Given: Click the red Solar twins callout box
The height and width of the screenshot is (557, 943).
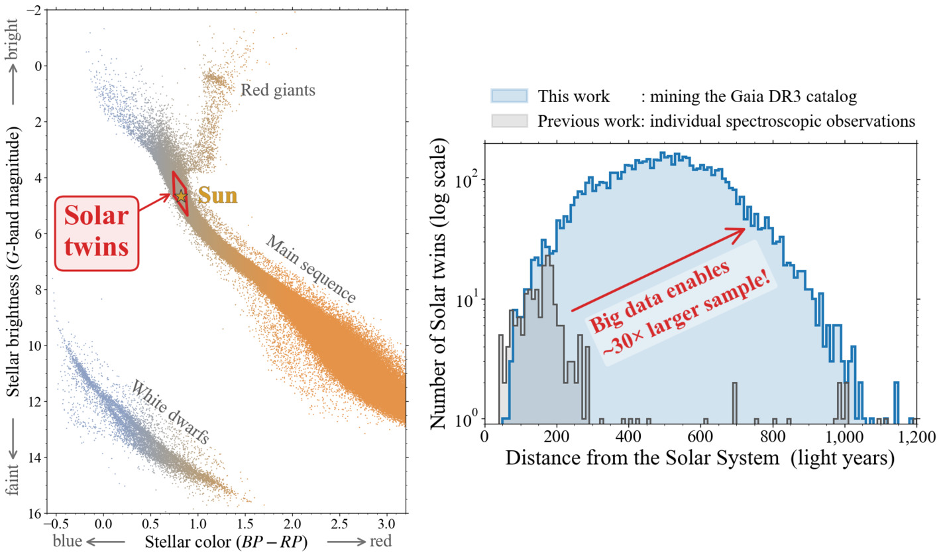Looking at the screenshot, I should [x=97, y=233].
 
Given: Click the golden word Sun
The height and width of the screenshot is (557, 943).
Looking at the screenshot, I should [x=217, y=196].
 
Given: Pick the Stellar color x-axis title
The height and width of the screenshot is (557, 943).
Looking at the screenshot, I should [x=226, y=540].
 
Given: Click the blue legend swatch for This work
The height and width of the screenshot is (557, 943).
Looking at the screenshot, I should [x=509, y=96].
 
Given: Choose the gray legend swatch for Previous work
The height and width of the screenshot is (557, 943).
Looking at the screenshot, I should [x=509, y=121].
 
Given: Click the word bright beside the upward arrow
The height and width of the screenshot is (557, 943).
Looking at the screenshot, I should [x=13, y=45].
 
